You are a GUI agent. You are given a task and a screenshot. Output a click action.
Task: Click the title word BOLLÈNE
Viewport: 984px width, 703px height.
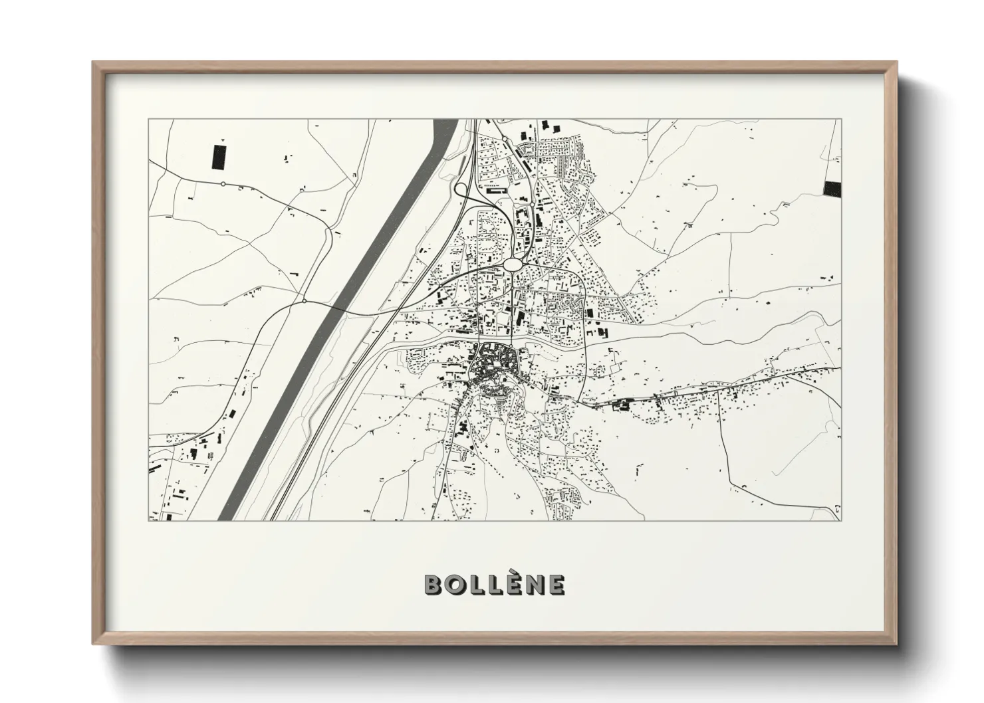(495, 585)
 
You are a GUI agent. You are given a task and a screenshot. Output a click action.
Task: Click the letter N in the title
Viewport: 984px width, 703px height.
(534, 585)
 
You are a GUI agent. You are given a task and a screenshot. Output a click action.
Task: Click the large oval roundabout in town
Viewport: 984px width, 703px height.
(513, 264)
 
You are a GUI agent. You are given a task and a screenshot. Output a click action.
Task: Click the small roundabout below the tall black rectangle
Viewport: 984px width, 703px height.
(223, 183)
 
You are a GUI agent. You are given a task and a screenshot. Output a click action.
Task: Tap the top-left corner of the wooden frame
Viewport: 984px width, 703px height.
(94, 63)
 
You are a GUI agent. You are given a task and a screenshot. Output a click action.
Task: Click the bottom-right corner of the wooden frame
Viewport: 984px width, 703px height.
(896, 643)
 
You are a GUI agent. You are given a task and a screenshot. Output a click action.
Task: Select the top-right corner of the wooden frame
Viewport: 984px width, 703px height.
(896, 63)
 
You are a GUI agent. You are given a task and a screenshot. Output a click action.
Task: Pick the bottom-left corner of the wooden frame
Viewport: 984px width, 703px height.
(94, 643)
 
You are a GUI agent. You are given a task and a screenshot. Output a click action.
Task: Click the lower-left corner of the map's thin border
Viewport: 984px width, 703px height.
(148, 520)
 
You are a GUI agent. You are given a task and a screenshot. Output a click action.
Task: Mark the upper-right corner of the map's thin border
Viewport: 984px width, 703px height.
(841, 119)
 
